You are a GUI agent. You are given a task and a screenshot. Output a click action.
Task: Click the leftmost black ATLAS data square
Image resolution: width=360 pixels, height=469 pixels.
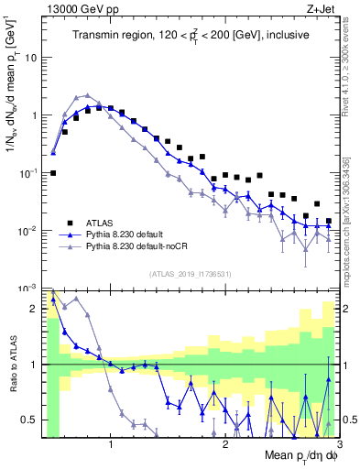(53, 172)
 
